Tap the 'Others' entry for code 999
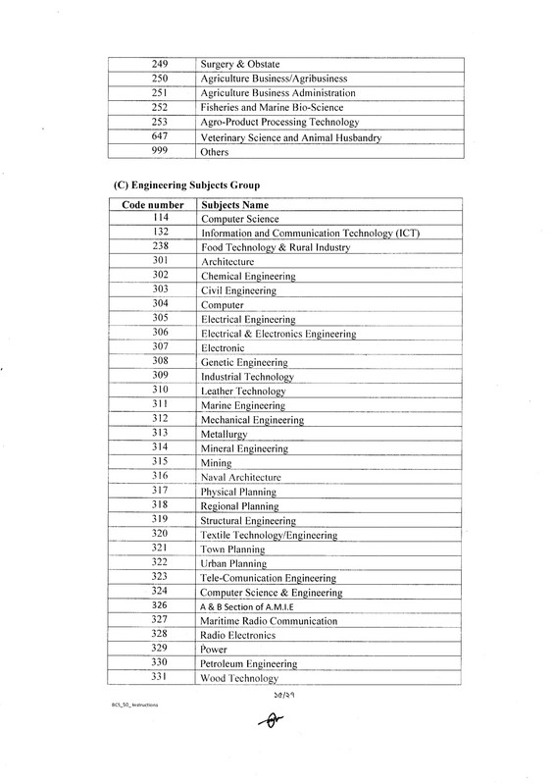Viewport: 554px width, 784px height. (215, 152)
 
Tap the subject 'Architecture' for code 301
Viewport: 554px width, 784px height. (227, 262)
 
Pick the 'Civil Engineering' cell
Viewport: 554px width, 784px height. (238, 290)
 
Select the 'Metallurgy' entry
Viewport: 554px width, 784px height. (225, 434)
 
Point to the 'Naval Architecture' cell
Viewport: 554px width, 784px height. (240, 477)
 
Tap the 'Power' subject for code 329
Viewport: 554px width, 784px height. (214, 650)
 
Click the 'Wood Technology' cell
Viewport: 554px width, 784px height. (239, 678)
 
